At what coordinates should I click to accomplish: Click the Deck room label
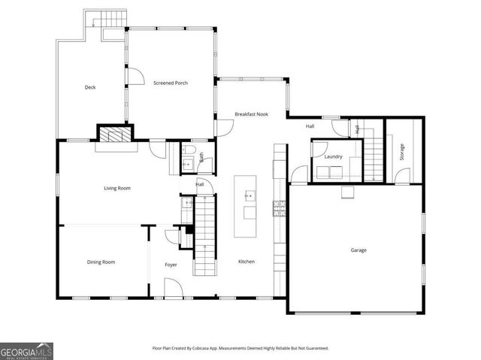point(90,87)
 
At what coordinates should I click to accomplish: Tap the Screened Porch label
point(171,83)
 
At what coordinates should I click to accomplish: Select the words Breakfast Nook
point(251,114)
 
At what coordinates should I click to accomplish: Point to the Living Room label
point(117,188)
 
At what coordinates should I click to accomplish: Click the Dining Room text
point(101,262)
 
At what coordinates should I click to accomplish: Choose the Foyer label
point(171,265)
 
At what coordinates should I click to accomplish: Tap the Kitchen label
point(247,262)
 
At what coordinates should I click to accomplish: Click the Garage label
point(358,250)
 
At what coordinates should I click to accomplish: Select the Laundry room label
point(334,156)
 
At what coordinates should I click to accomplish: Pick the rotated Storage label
point(402,152)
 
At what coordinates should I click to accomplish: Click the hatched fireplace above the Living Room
point(115,135)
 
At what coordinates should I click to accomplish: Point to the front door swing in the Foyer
point(171,288)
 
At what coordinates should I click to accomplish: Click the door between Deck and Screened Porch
point(134,77)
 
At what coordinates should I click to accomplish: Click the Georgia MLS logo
point(27,350)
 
